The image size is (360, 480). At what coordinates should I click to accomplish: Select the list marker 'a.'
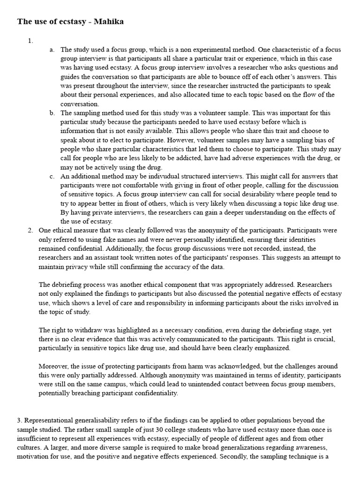52,49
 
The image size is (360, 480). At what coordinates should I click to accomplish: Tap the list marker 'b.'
52,113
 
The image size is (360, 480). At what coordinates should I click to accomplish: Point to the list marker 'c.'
52,176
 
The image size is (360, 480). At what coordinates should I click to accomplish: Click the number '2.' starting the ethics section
30,230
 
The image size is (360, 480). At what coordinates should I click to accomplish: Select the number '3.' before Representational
20,420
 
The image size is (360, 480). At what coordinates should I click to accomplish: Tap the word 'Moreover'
54,366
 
